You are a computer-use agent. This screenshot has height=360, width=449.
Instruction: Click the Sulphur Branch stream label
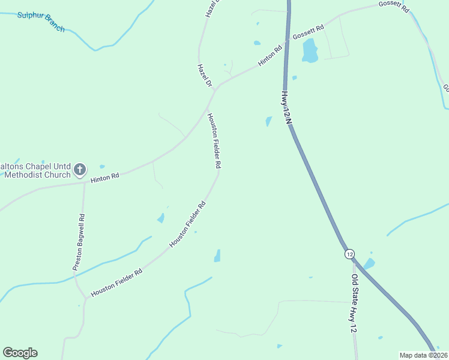(40, 21)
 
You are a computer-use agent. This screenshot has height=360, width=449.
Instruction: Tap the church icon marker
(80, 170)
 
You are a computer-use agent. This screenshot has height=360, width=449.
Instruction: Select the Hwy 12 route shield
(350, 254)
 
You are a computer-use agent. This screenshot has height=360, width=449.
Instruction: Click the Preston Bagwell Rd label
(79, 244)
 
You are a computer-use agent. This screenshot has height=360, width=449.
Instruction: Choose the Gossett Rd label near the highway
(309, 32)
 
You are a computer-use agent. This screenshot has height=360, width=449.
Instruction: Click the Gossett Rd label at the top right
(394, 7)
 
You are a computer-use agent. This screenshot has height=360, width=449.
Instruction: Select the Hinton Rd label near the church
(105, 178)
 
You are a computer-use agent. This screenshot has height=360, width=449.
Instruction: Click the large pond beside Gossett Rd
(310, 51)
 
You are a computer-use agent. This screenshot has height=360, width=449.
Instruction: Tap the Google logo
(20, 353)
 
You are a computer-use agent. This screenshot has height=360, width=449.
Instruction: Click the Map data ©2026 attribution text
(423, 355)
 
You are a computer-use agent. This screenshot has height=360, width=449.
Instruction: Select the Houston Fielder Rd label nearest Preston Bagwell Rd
(116, 283)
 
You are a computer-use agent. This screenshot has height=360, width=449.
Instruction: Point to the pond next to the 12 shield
(369, 263)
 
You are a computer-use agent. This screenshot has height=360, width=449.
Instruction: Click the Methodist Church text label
(37, 175)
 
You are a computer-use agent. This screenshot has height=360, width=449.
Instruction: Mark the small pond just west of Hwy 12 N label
(268, 121)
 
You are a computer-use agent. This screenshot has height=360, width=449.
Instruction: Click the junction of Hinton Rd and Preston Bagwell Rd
(85, 182)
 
